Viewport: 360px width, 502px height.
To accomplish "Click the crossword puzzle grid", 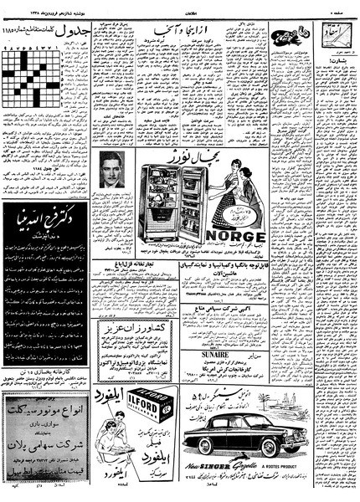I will coord(28,79).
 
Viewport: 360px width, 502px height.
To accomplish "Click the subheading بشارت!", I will coord(334,61).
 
